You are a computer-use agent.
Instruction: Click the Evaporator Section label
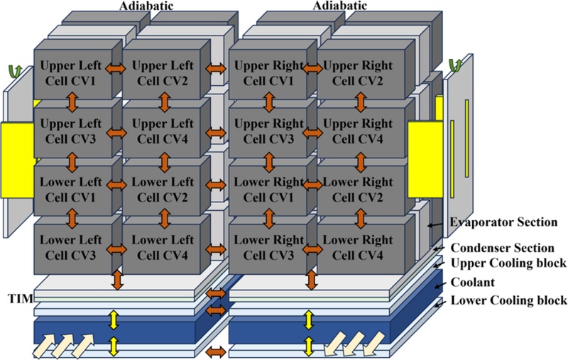[503, 222]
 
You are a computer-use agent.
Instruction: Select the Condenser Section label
[503, 248]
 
